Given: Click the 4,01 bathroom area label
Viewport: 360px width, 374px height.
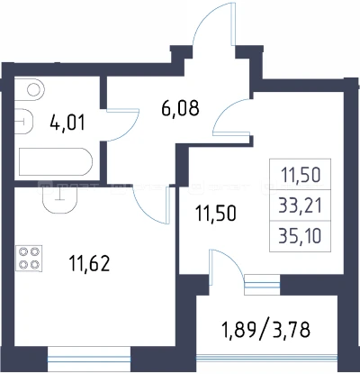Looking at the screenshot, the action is pos(67,123).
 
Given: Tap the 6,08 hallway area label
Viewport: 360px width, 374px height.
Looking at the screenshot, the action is pos(180,108).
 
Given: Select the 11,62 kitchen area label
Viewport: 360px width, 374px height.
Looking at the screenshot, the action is pos(89,263).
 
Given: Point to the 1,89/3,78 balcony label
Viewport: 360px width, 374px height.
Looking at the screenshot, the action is pos(265,329).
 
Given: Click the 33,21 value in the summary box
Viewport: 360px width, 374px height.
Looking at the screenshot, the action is pos(300,205).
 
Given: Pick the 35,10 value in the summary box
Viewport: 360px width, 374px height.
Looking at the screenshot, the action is pos(300,236).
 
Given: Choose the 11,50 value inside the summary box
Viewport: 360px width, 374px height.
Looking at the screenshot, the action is pos(301,175).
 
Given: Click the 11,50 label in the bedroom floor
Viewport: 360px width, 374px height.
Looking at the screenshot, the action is pos(215,213).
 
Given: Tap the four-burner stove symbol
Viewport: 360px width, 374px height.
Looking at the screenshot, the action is pos(29,259).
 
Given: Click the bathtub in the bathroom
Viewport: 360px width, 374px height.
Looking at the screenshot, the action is pos(56,161).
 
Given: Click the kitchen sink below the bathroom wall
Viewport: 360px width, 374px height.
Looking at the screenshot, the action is pos(60,198).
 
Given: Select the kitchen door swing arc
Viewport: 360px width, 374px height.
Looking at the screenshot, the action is pos(144,212).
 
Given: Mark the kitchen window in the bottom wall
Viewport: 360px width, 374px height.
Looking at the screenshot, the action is pos(89,360).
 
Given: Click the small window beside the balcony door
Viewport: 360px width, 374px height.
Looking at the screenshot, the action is pos(262,285).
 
